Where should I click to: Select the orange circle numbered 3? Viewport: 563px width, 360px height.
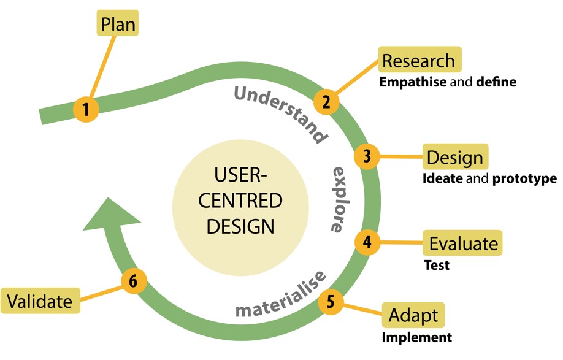[367, 156]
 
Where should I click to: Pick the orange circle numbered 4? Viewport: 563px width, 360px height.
[367, 241]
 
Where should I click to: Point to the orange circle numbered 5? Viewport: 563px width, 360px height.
[331, 301]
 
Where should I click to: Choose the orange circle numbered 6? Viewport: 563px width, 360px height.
[134, 281]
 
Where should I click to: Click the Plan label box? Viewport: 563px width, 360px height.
[118, 24]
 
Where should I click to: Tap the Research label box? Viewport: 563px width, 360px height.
[419, 61]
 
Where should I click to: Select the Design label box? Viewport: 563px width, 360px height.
[455, 158]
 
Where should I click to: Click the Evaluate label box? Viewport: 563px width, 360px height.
[464, 243]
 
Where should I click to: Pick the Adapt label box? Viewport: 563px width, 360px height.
[413, 316]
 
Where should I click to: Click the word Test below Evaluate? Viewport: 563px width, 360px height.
[437, 266]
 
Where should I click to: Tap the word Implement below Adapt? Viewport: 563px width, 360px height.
[416, 337]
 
